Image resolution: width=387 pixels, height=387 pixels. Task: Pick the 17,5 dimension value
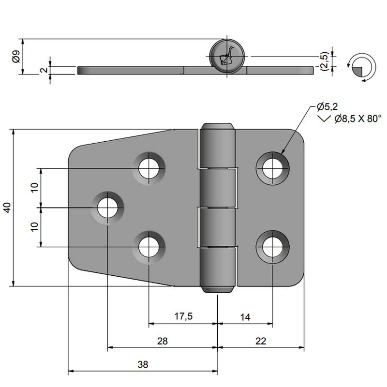[x=183, y=316]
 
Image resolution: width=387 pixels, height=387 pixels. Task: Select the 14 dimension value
[x=245, y=317]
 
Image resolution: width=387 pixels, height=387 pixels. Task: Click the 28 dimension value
[x=163, y=341]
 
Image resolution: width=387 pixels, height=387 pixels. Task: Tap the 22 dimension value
[x=261, y=341]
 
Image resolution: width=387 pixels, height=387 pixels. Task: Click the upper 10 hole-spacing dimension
[x=34, y=188]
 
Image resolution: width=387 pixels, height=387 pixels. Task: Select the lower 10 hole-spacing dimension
[x=34, y=226]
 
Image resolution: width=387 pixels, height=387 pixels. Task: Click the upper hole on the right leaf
[x=272, y=168]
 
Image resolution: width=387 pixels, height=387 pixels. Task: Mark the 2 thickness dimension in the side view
[x=44, y=70]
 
